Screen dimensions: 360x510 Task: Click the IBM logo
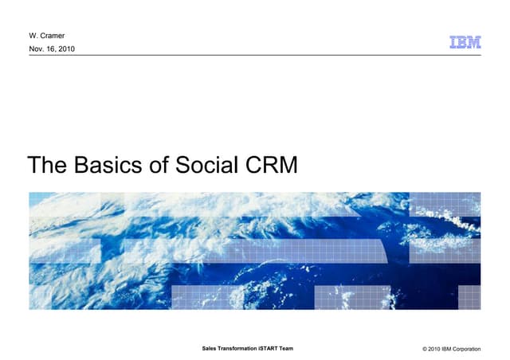pos(465,42)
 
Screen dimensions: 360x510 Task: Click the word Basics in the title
pos(108,166)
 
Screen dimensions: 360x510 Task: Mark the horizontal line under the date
pos(239,55)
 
